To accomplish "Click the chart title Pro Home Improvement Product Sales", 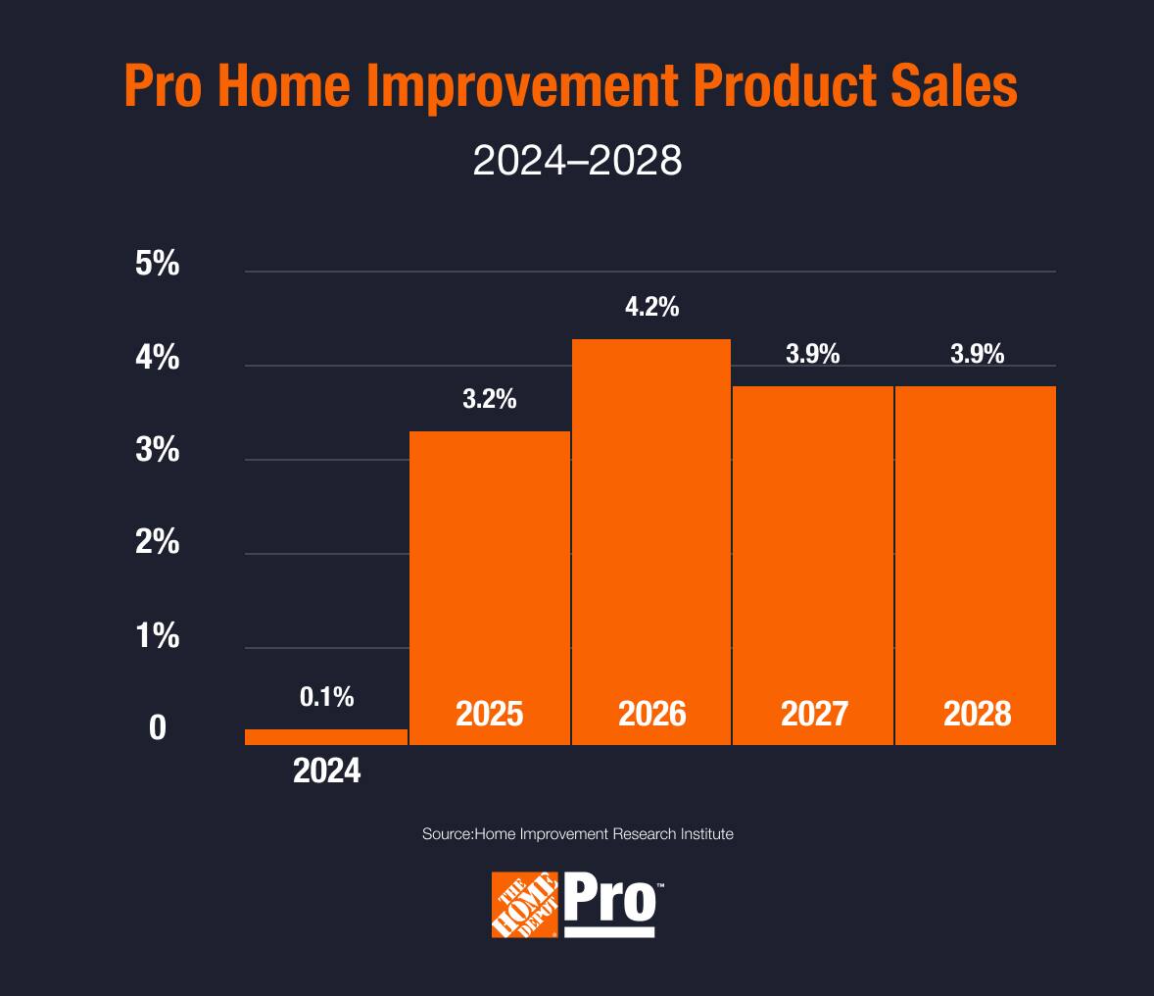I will pyautogui.click(x=571, y=87).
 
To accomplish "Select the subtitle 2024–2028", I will pyautogui.click(x=576, y=161).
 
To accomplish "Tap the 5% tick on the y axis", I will pyautogui.click(x=158, y=265).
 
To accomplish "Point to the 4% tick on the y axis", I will pyautogui.click(x=158, y=358).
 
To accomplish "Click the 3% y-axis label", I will pyautogui.click(x=158, y=451).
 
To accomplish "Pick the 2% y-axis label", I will pyautogui.click(x=158, y=542).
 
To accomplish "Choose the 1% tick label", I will pyautogui.click(x=158, y=636).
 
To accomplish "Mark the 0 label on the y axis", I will pyautogui.click(x=158, y=729).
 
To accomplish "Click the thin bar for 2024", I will pyautogui.click(x=326, y=737).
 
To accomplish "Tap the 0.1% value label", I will pyautogui.click(x=326, y=697).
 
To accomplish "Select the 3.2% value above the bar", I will pyautogui.click(x=489, y=400).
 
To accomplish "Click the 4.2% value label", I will pyautogui.click(x=651, y=307).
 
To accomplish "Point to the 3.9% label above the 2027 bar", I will pyautogui.click(x=813, y=355).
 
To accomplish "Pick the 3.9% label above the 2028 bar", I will pyautogui.click(x=977, y=355).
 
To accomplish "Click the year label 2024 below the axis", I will pyautogui.click(x=327, y=772).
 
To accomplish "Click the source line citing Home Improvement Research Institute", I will pyautogui.click(x=577, y=834).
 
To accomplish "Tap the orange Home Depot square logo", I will pyautogui.click(x=525, y=905).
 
